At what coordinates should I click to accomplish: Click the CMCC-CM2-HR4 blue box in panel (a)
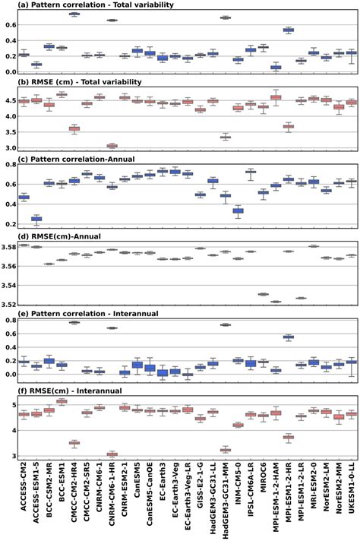(x=74, y=14)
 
